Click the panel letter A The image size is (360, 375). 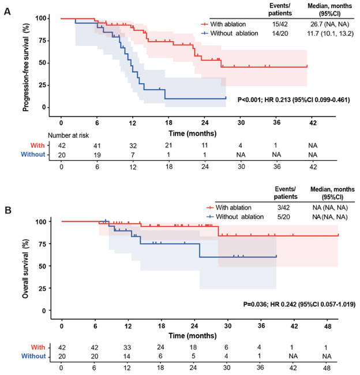[x=6, y=10]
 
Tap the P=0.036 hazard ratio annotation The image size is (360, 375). [x=298, y=303]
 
